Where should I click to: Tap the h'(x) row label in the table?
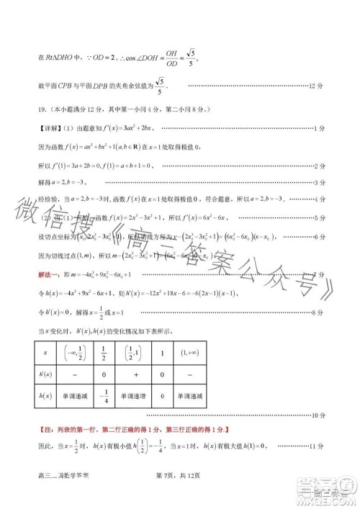click(46, 375)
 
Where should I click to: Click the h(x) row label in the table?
click(46, 397)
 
